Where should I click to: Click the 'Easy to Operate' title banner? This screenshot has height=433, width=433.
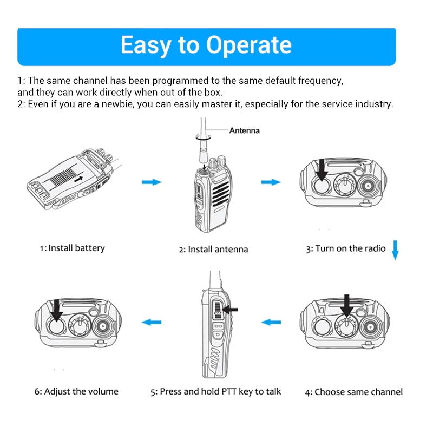point(206,45)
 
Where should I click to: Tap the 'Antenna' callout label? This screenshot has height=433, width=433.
point(244,130)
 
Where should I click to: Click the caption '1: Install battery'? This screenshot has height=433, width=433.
point(72,248)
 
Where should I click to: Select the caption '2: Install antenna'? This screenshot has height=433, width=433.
point(213,250)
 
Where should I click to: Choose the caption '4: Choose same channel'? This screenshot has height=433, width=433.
point(353,392)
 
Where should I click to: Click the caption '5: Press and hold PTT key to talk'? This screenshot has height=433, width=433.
point(216,392)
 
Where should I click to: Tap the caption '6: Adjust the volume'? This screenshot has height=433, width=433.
point(77,391)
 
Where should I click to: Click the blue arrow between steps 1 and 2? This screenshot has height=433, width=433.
point(152,182)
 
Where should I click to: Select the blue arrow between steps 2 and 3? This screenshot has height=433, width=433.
point(271,182)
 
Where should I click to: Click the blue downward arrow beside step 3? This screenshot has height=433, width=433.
point(395,250)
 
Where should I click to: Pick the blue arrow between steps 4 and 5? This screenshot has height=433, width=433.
point(271,323)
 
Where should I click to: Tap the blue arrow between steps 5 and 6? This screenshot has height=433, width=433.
point(152,323)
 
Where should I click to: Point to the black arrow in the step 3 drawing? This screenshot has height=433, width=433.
point(322,169)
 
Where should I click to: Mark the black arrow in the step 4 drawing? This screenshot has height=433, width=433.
point(347,304)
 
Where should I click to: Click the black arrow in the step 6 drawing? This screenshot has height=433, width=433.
point(56,310)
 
